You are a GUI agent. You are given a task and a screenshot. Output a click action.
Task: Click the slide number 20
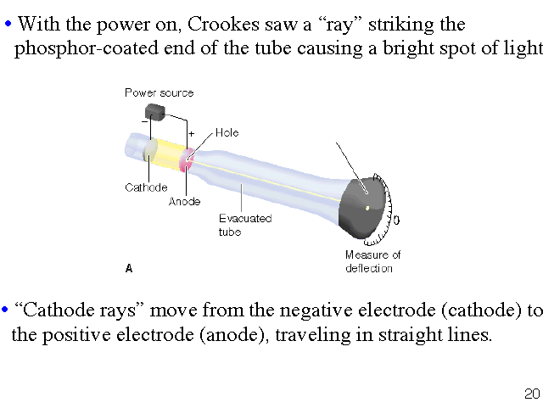point(532,394)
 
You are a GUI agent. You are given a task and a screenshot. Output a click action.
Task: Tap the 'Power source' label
point(159,92)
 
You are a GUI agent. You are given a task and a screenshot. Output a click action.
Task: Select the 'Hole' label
point(227,133)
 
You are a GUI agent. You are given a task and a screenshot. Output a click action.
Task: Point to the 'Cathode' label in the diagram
point(146,187)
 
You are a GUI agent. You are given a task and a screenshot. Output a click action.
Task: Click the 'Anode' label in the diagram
point(184,202)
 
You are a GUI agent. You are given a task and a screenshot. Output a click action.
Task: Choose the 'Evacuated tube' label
point(244,225)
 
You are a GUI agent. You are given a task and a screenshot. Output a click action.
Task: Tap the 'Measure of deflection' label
point(372,261)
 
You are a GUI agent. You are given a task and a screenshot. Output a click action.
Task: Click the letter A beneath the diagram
point(129,268)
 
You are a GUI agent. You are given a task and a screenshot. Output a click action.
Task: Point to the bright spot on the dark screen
point(367,207)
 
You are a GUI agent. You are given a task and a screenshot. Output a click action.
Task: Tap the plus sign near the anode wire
point(191,134)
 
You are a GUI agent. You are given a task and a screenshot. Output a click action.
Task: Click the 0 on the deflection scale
point(397,220)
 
